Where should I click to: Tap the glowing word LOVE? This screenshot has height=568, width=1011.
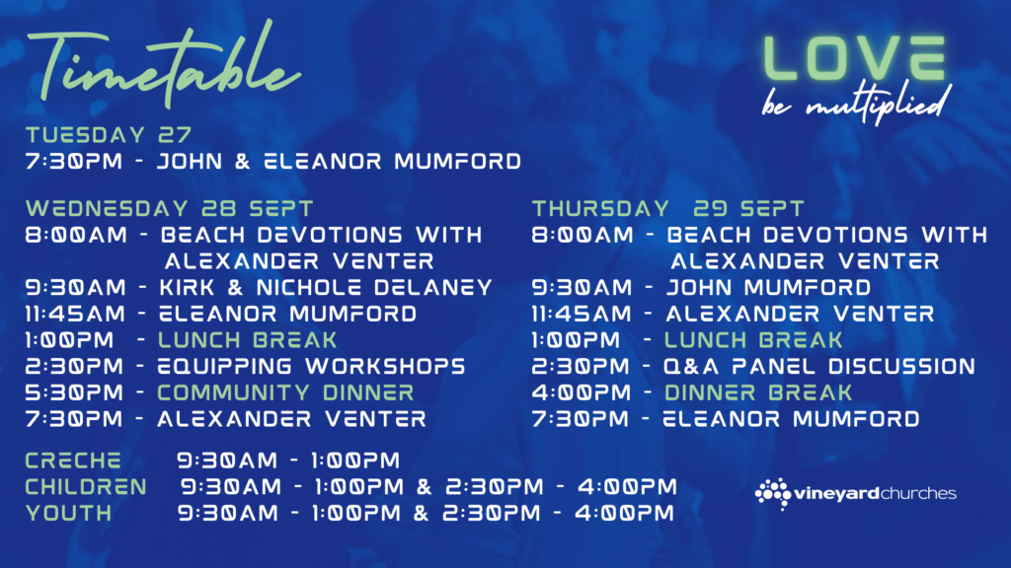click(x=854, y=58)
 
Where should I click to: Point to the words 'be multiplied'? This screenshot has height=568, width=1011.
click(x=856, y=103)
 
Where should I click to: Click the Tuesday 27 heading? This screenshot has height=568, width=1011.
click(x=109, y=134)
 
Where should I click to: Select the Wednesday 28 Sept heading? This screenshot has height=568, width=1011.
click(x=170, y=209)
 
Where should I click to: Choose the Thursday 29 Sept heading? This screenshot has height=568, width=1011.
click(x=668, y=209)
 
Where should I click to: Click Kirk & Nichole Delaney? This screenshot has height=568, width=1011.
click(x=326, y=287)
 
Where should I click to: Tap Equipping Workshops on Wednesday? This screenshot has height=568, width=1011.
click(x=311, y=367)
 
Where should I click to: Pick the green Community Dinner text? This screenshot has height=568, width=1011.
click(x=285, y=392)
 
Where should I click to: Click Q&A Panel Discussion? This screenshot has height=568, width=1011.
click(x=819, y=367)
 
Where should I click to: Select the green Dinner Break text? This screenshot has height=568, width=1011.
click(x=758, y=392)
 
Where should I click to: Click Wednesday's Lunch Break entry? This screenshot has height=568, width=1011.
click(x=248, y=340)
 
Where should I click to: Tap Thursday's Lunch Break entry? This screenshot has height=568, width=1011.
click(x=753, y=340)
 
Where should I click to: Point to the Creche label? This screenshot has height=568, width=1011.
click(x=73, y=461)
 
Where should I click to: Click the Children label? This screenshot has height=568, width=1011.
click(x=86, y=487)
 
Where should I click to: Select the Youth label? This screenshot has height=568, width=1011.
click(x=68, y=513)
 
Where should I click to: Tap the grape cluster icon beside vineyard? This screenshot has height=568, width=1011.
click(x=773, y=493)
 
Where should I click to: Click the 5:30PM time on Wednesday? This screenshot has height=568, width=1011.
click(x=74, y=392)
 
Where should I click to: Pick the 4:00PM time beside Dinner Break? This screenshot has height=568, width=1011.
click(x=581, y=392)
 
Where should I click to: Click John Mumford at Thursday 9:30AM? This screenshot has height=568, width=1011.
click(x=768, y=287)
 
